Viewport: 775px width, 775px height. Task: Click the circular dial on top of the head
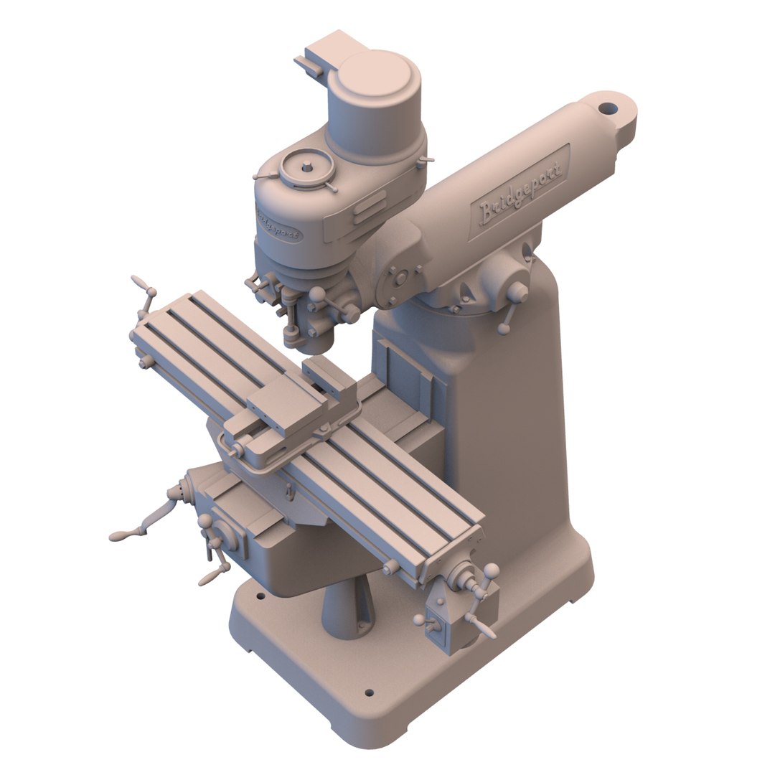click(x=306, y=167)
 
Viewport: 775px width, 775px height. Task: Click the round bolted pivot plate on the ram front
click(x=400, y=277)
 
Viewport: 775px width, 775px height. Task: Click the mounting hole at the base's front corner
click(x=369, y=693)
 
